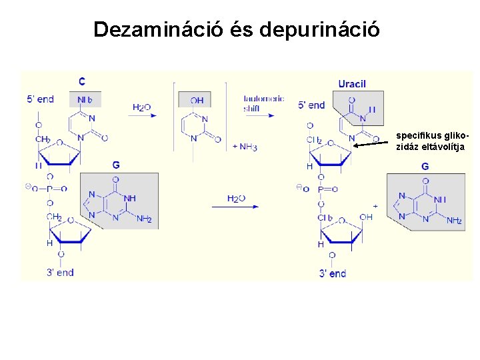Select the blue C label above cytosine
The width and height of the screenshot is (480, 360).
click(x=82, y=81)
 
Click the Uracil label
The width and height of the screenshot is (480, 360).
click(x=352, y=83)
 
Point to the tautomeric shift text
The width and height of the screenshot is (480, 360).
click(x=263, y=103)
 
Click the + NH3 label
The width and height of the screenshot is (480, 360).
click(x=245, y=147)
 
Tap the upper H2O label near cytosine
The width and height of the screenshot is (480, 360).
click(x=141, y=107)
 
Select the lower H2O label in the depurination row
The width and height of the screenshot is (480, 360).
click(x=236, y=198)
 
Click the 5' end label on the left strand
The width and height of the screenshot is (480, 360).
click(x=40, y=99)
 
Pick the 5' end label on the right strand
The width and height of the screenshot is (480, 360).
click(x=312, y=105)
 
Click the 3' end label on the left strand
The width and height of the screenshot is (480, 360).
click(x=60, y=272)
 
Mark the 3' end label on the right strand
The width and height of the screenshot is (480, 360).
click(x=333, y=273)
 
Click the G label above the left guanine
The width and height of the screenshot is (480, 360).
click(x=116, y=164)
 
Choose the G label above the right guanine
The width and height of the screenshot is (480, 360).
click(x=425, y=165)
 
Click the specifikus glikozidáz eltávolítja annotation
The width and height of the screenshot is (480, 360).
click(x=431, y=142)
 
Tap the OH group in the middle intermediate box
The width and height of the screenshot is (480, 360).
click(x=197, y=101)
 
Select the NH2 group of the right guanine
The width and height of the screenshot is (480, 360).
click(x=454, y=221)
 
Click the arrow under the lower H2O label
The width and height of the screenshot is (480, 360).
click(x=235, y=207)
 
